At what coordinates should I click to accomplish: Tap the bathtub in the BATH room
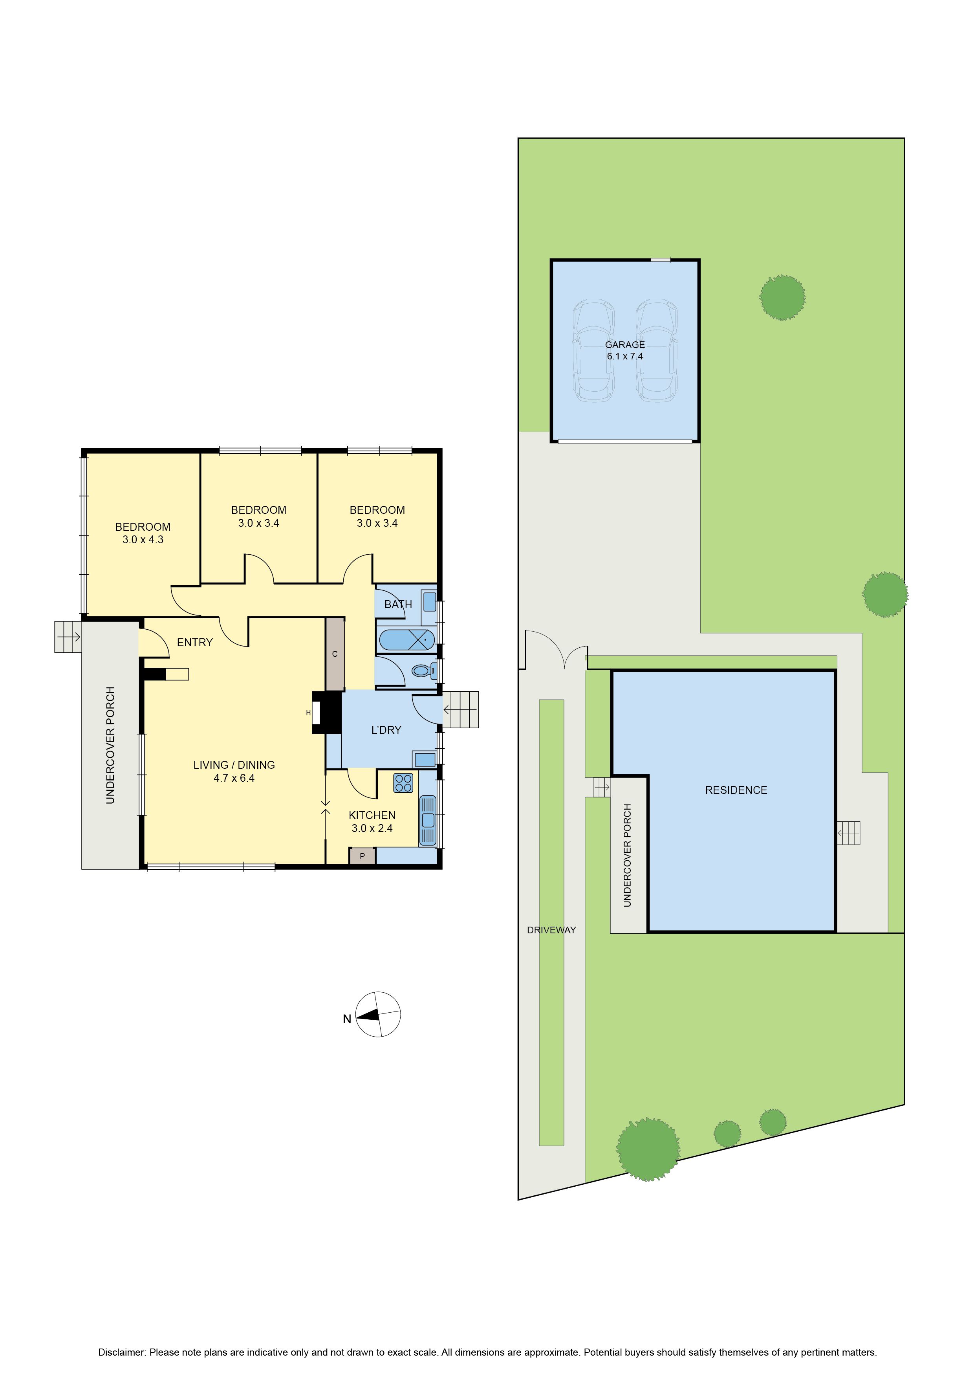[406, 640]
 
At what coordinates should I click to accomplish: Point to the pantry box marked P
[362, 856]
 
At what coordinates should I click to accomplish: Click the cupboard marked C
[335, 654]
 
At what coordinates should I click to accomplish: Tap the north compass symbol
[377, 1014]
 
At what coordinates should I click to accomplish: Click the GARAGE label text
[625, 344]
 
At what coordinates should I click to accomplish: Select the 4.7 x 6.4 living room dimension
[234, 778]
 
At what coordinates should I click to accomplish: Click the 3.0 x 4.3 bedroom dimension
[143, 540]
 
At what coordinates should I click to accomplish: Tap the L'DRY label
[386, 730]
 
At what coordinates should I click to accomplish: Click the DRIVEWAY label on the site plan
[551, 930]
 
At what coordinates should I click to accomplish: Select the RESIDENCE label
[736, 790]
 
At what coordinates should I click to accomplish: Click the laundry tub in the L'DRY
[424, 759]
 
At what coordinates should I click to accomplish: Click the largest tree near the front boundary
[648, 1149]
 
